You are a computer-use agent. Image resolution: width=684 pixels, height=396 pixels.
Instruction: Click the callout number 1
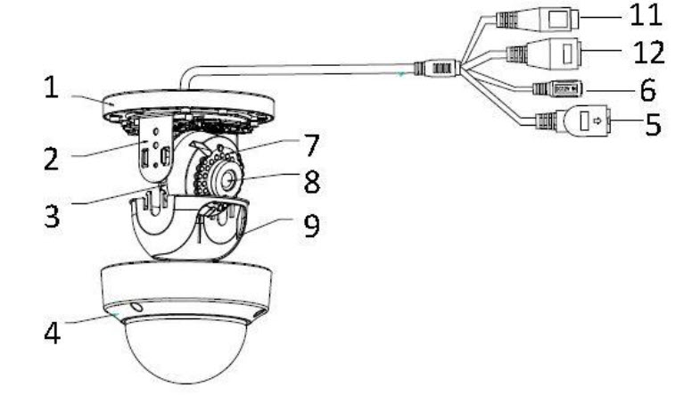[x=51, y=87]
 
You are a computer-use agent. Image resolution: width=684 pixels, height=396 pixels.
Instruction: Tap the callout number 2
[x=52, y=159]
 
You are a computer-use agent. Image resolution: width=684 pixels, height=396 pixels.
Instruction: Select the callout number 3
[x=52, y=216]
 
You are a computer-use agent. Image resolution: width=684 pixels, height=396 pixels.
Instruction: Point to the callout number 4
[x=53, y=334]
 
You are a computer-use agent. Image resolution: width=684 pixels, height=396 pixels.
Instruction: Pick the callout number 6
[x=648, y=90]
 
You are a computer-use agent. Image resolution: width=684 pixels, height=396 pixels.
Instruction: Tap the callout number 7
[x=311, y=144]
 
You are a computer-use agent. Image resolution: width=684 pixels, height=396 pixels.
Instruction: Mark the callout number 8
[x=312, y=181]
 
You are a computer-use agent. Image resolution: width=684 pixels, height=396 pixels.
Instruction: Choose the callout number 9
[x=311, y=226]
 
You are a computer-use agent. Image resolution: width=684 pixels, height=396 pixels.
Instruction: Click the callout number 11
[x=646, y=15]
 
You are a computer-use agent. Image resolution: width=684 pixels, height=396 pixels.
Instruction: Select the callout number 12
[x=648, y=53]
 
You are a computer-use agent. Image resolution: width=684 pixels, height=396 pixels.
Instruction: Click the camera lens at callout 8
[x=228, y=179]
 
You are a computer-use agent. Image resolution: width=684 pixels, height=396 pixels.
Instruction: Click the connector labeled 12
[x=544, y=54]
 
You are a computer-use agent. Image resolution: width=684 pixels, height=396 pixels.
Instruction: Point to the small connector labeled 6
[x=558, y=88]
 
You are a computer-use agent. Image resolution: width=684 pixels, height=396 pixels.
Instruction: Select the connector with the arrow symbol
[x=573, y=120]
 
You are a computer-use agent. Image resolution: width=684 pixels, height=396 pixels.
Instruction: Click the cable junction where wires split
[x=437, y=69]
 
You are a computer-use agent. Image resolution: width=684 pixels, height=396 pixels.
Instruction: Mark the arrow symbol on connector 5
[x=597, y=120]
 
